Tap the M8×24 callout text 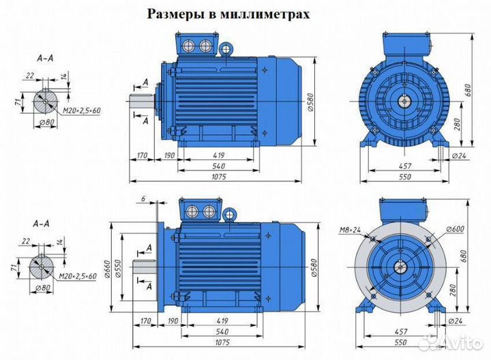point(350,229)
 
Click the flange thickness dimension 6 point(144,198)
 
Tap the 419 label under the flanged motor point(219,320)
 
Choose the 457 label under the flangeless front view point(405,166)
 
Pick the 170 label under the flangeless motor point(142,156)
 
